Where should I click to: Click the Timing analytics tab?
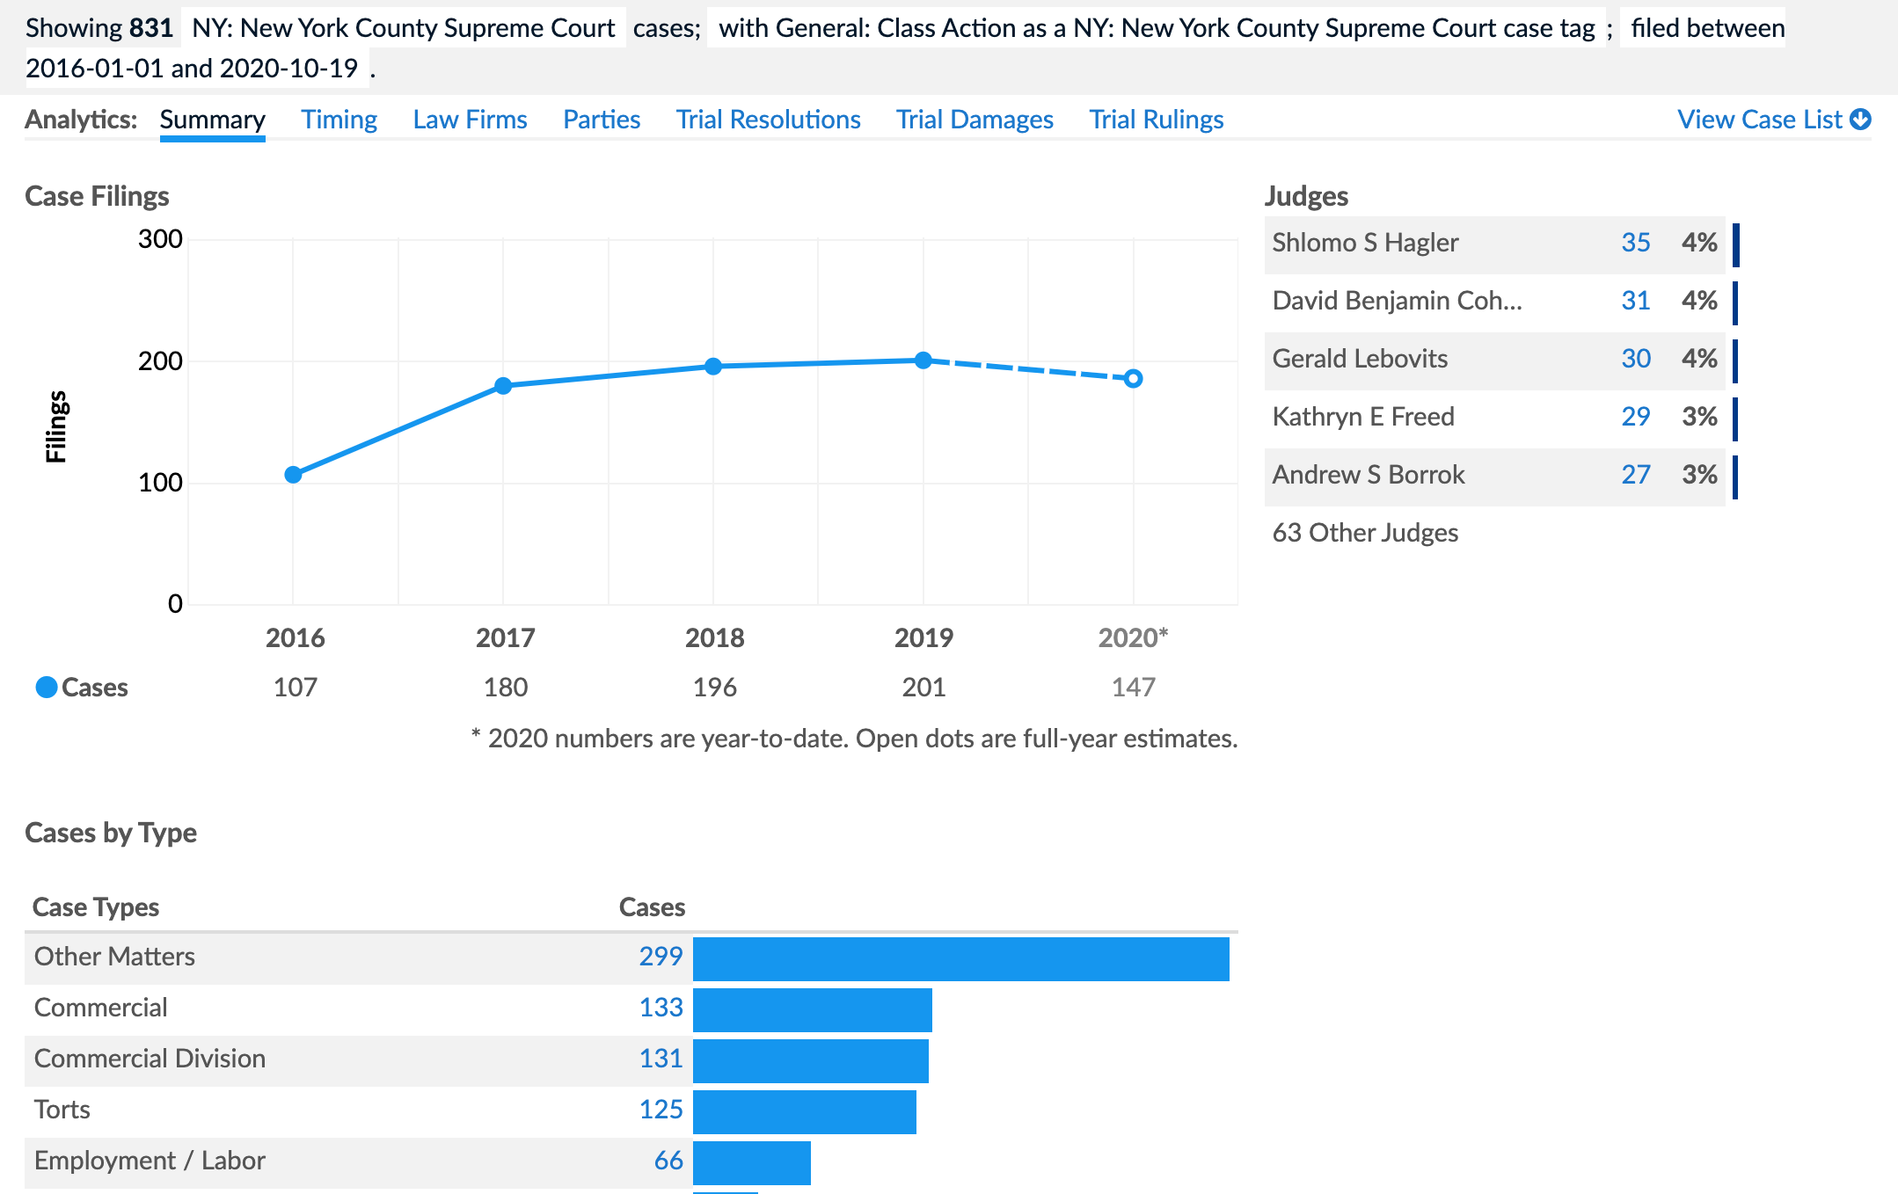[x=339, y=120]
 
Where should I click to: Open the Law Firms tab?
[x=470, y=120]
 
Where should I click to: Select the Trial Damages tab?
[x=975, y=120]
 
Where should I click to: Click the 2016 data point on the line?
[x=294, y=475]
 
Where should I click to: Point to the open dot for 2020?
[x=1134, y=379]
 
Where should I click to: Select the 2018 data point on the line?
[x=713, y=366]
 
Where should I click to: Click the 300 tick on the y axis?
[x=160, y=239]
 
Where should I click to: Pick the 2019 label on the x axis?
[x=923, y=637]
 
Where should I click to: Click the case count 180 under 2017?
[x=506, y=687]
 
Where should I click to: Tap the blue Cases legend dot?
[x=47, y=687]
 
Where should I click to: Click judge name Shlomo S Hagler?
[x=1365, y=243]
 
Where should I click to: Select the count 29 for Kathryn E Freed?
[x=1635, y=417]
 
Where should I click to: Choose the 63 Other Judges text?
[x=1365, y=533]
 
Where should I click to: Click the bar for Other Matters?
[x=960, y=959]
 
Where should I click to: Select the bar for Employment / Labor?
[x=752, y=1163]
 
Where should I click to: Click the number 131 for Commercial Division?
[x=661, y=1059]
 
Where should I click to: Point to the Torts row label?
[x=62, y=1110]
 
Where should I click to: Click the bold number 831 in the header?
[x=151, y=28]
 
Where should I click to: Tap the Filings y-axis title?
[x=56, y=426]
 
